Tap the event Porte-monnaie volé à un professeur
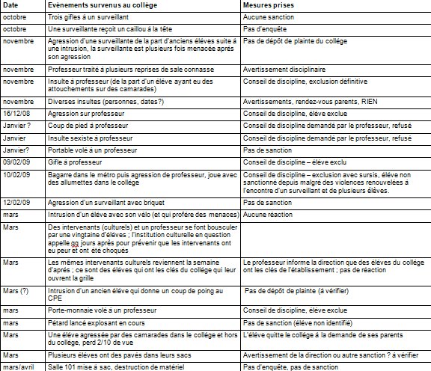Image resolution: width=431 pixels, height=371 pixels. click(x=100, y=308)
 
